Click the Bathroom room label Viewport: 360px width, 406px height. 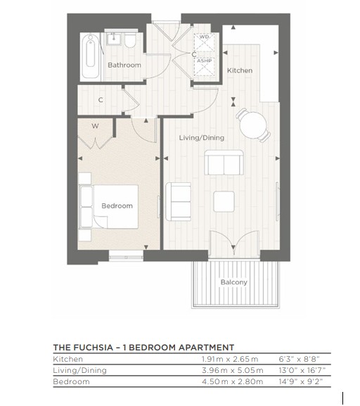(124, 65)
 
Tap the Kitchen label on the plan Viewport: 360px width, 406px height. (239, 70)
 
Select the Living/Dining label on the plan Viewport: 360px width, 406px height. (201, 137)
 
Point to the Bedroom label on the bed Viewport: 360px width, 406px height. (117, 205)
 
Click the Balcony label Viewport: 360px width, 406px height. (233, 282)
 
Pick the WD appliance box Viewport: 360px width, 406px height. (204, 37)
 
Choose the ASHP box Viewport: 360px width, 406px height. (204, 61)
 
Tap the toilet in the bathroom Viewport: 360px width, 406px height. (130, 41)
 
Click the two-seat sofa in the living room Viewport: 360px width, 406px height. (224, 164)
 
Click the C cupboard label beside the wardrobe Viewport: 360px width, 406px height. (101, 100)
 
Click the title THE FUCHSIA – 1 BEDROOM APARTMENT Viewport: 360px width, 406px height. (143, 347)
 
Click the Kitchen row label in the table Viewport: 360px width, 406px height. (68, 359)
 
